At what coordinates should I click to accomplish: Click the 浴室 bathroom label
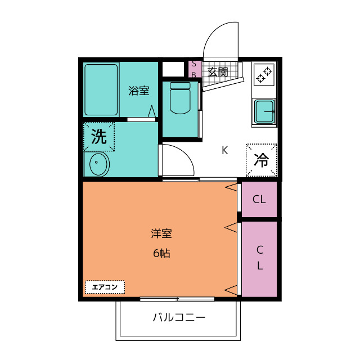point(138,90)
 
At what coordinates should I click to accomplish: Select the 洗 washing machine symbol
point(99,137)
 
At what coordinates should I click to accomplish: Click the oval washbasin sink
point(99,165)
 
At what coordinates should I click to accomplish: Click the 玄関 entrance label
point(218,72)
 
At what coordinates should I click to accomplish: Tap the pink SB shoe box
point(194,69)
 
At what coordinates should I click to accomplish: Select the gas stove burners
point(263,74)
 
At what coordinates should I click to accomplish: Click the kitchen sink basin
point(263,111)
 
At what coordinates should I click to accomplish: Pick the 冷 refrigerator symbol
point(262,160)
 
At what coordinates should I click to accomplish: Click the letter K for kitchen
point(224,150)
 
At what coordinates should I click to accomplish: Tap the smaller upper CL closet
point(259,199)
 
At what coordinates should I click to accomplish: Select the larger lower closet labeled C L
point(259,258)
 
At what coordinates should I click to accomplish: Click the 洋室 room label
point(161,233)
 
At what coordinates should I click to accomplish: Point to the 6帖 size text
point(161,253)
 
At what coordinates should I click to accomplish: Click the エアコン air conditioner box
point(105,287)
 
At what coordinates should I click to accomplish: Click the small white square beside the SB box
point(173,69)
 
